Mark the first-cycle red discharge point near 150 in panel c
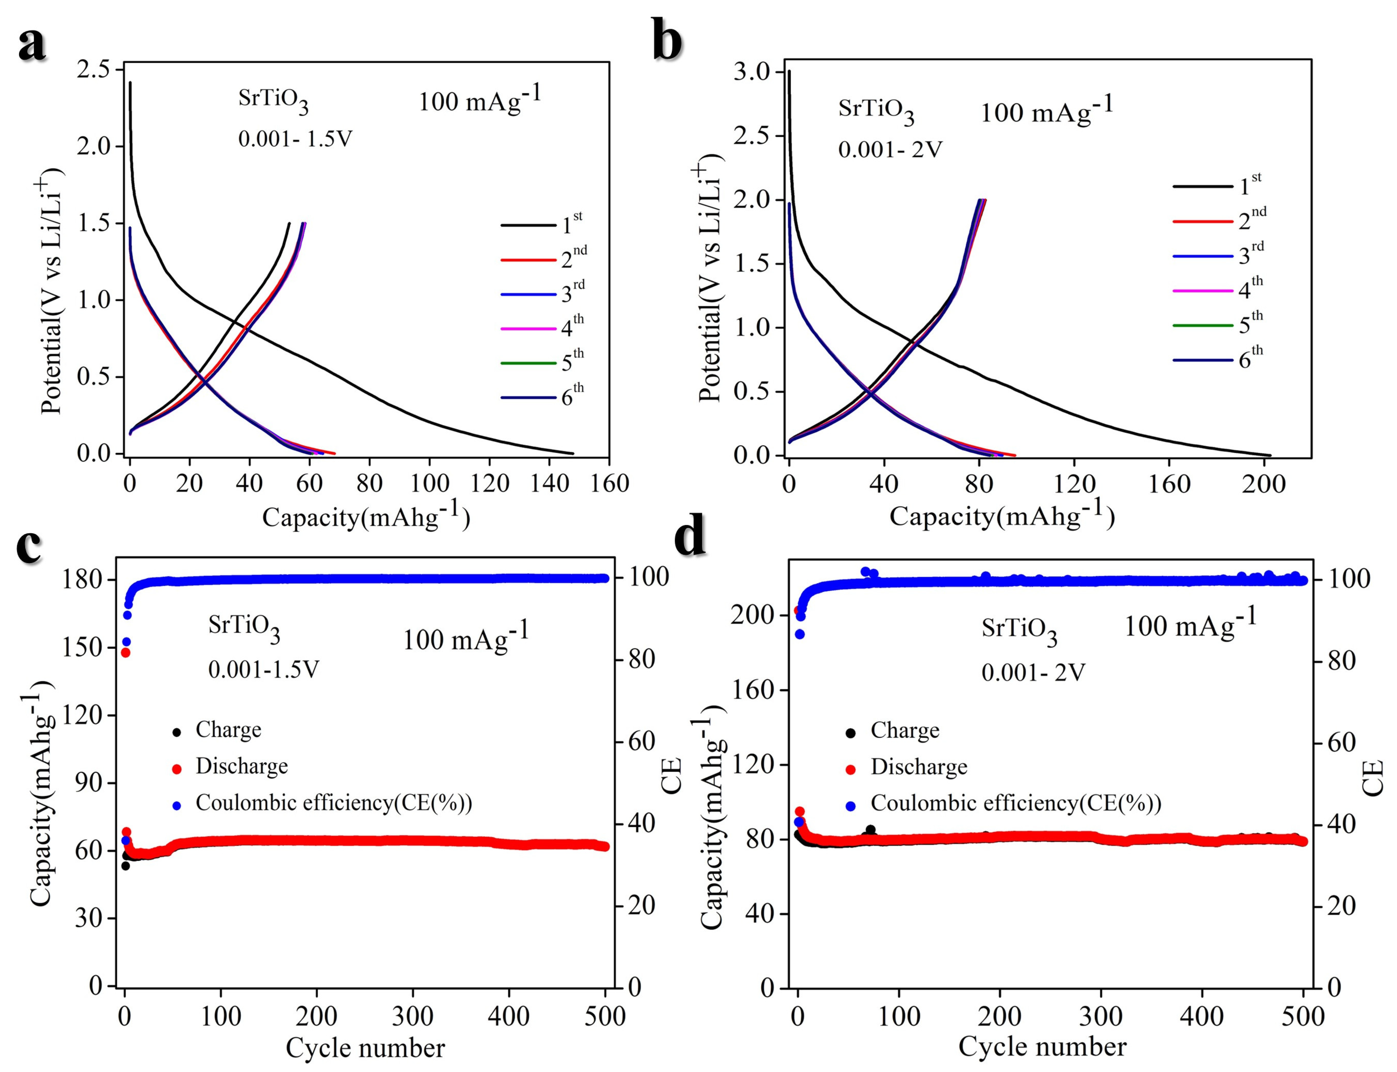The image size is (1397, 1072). point(126,652)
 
